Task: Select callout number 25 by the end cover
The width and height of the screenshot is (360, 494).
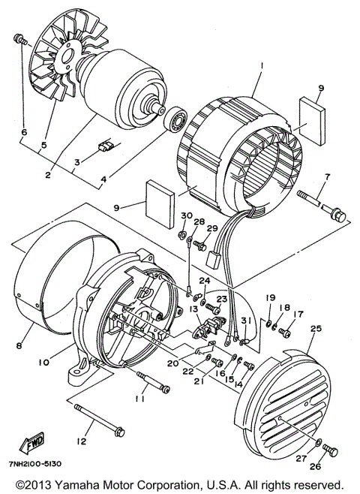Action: click(315, 329)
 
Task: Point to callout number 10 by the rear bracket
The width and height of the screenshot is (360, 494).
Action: click(43, 362)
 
